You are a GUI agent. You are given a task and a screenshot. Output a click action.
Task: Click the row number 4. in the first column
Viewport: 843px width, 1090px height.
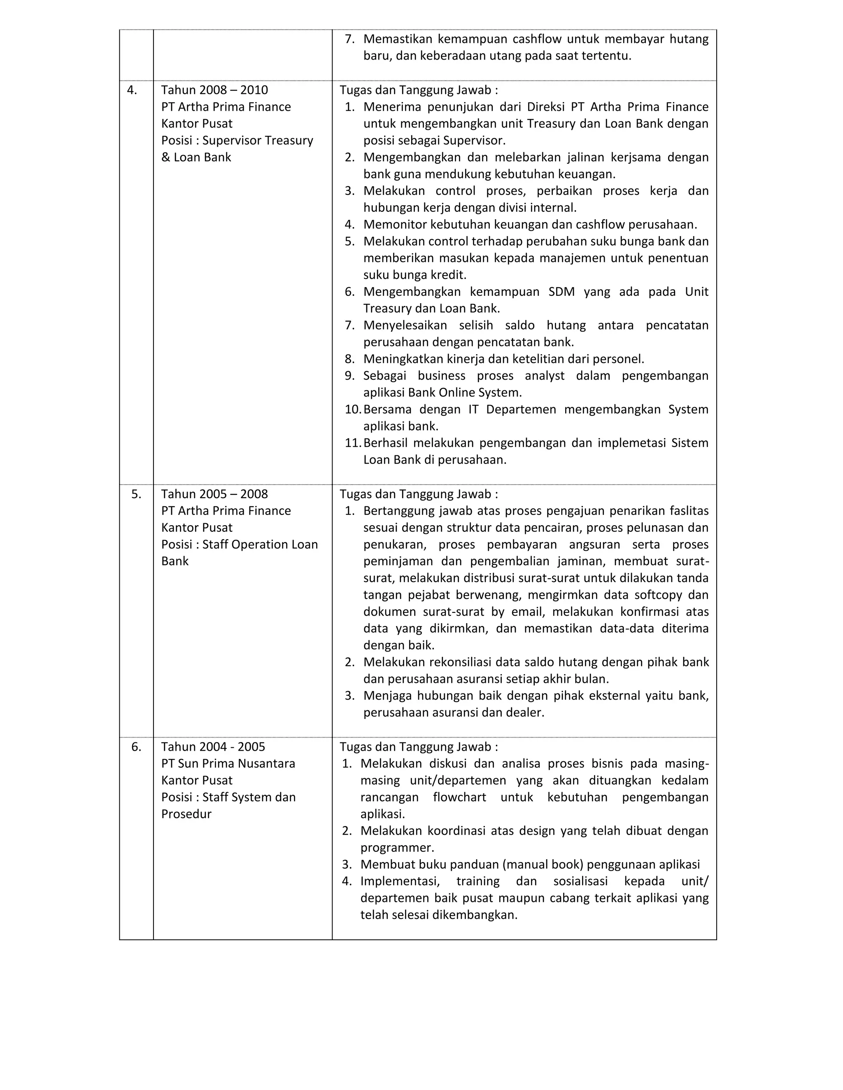pos(132,90)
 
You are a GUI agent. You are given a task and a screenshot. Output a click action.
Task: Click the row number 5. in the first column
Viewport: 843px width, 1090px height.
pos(136,494)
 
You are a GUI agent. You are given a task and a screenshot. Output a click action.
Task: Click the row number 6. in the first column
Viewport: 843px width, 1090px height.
pos(136,747)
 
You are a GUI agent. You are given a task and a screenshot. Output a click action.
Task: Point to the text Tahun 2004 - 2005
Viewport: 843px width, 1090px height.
pos(213,747)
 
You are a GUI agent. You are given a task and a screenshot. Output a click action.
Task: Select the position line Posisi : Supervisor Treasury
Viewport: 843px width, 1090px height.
pos(237,141)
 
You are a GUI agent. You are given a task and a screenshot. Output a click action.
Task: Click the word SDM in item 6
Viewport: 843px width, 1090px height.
pos(561,292)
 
